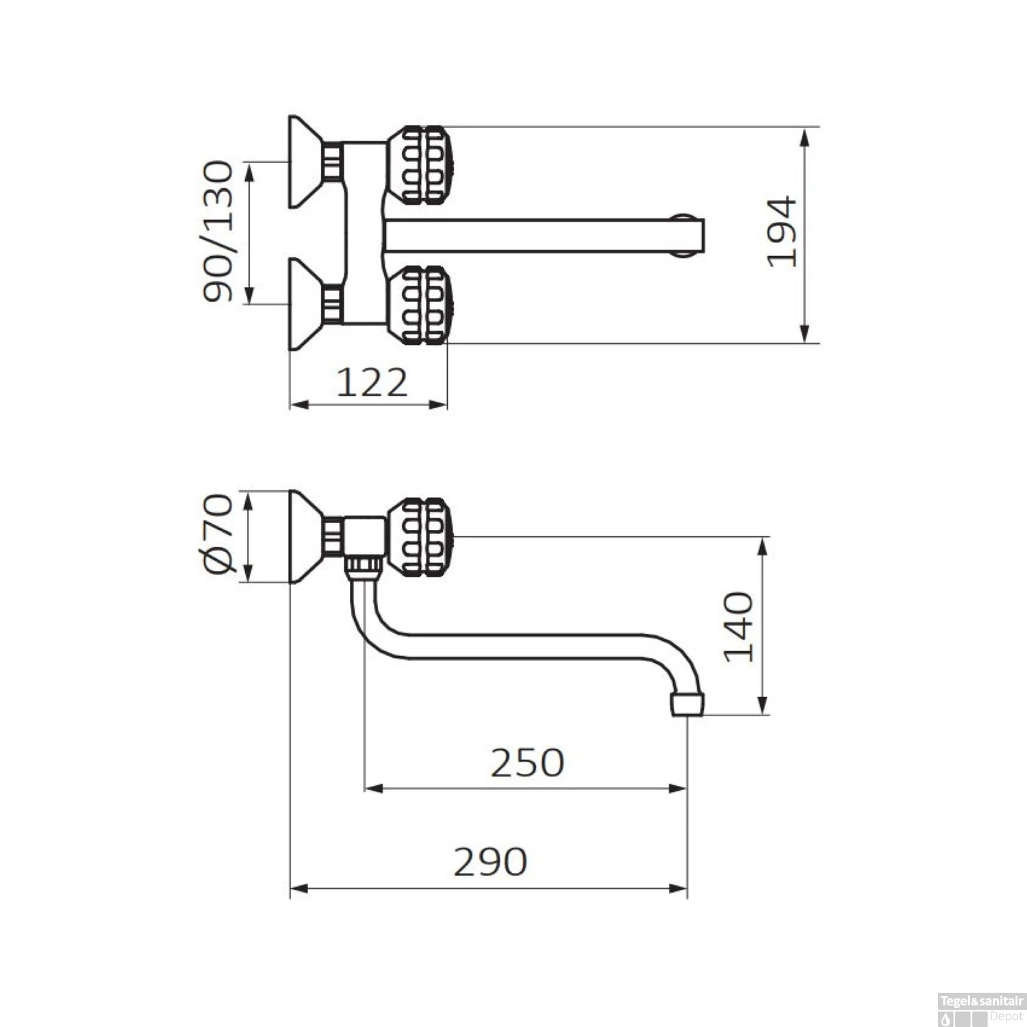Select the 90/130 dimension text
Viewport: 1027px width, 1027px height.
pos(218,231)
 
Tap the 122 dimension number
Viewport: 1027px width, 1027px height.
pos(372,383)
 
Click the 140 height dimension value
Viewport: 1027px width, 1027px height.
pos(739,627)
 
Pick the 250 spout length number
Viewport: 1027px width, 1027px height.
pos(527,763)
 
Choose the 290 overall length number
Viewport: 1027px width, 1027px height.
pos(490,862)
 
